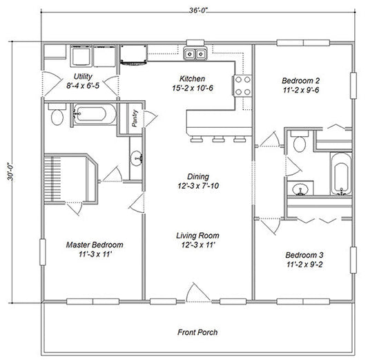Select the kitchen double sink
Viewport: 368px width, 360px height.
pyautogui.click(x=195, y=53)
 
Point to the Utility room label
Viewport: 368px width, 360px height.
pyautogui.click(x=84, y=76)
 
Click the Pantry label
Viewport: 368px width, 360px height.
pyautogui.click(x=135, y=119)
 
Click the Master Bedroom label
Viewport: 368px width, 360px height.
pyautogui.click(x=95, y=245)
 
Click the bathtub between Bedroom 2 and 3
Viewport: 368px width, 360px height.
pyautogui.click(x=340, y=177)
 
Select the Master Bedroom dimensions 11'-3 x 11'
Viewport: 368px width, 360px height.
pyautogui.click(x=95, y=255)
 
